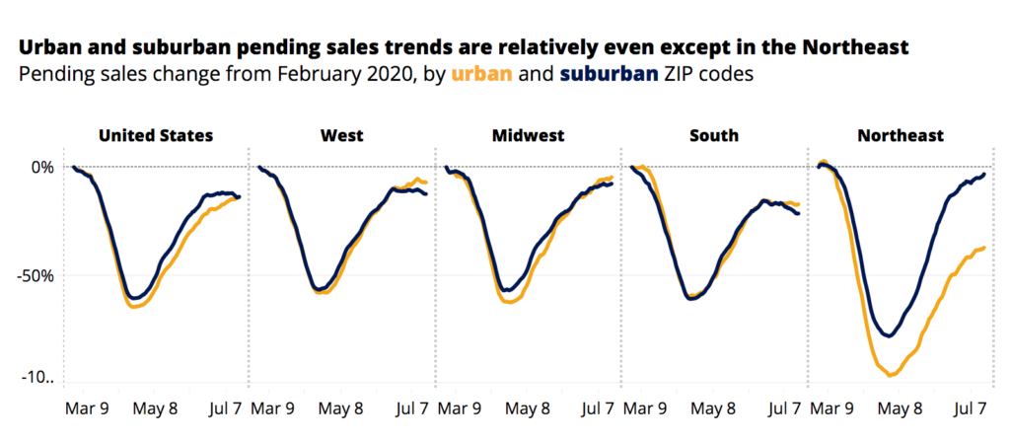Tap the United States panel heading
pyautogui.click(x=156, y=135)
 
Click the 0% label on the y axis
pyautogui.click(x=42, y=167)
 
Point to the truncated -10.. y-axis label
pyautogui.click(x=36, y=378)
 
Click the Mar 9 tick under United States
pyautogui.click(x=88, y=407)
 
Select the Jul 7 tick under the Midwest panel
pyautogui.click(x=601, y=407)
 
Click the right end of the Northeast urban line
pyautogui.click(x=984, y=248)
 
